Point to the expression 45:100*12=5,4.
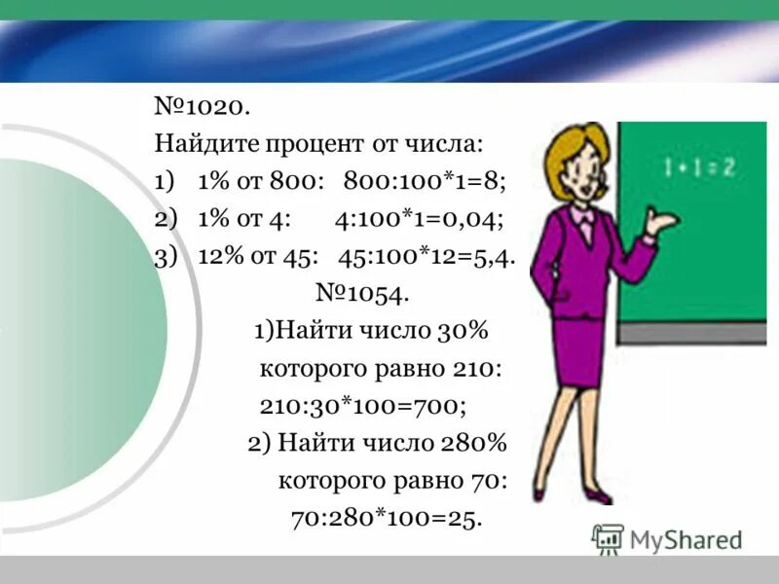427,256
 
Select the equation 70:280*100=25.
387,518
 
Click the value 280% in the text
476,444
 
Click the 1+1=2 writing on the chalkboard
699,167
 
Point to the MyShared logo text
686,539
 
